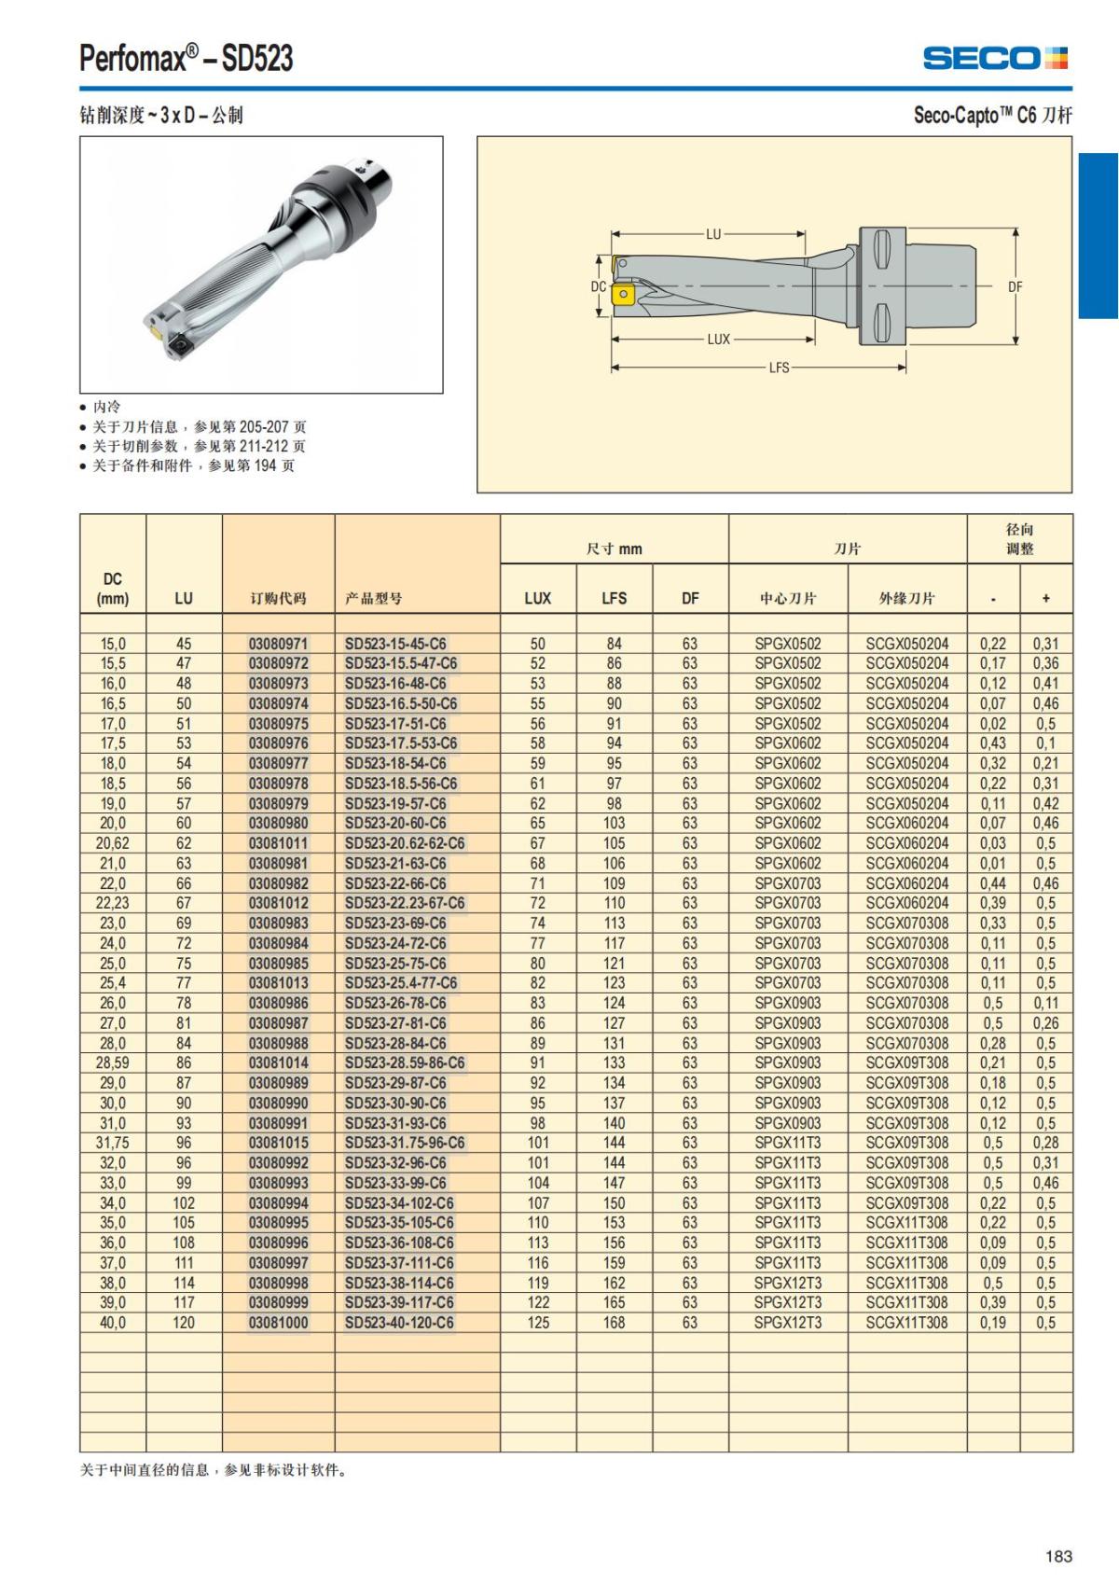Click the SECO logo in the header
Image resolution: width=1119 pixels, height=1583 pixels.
pos(995,59)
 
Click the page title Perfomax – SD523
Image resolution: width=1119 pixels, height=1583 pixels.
pos(186,59)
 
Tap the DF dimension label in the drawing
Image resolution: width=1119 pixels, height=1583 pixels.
pos(1015,287)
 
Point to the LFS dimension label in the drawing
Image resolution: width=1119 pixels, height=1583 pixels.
pos(779,368)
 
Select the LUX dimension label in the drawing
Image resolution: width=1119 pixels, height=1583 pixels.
pos(718,340)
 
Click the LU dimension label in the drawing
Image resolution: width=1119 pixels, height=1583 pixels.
pos(713,234)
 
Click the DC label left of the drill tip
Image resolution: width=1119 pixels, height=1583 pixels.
pos(599,287)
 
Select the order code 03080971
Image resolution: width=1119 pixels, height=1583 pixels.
pos(278,644)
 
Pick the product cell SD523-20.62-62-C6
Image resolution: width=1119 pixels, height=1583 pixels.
pos(405,843)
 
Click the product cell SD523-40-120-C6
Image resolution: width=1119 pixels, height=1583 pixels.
pos(399,1323)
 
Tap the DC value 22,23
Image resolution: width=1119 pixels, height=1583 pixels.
pos(113,903)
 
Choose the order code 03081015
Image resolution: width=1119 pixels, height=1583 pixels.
pos(278,1143)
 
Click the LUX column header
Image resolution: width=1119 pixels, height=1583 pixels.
pos(538,598)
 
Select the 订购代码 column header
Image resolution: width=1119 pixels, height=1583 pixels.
pos(278,598)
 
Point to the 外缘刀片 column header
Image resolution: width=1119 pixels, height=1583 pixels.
pos(906,598)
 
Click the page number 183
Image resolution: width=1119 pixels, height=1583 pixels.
pos(1058,1556)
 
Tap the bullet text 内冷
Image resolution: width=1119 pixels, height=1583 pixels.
pos(106,407)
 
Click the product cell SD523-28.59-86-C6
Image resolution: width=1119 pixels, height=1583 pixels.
pos(405,1062)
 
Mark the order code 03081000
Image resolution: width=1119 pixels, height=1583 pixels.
pos(278,1323)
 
